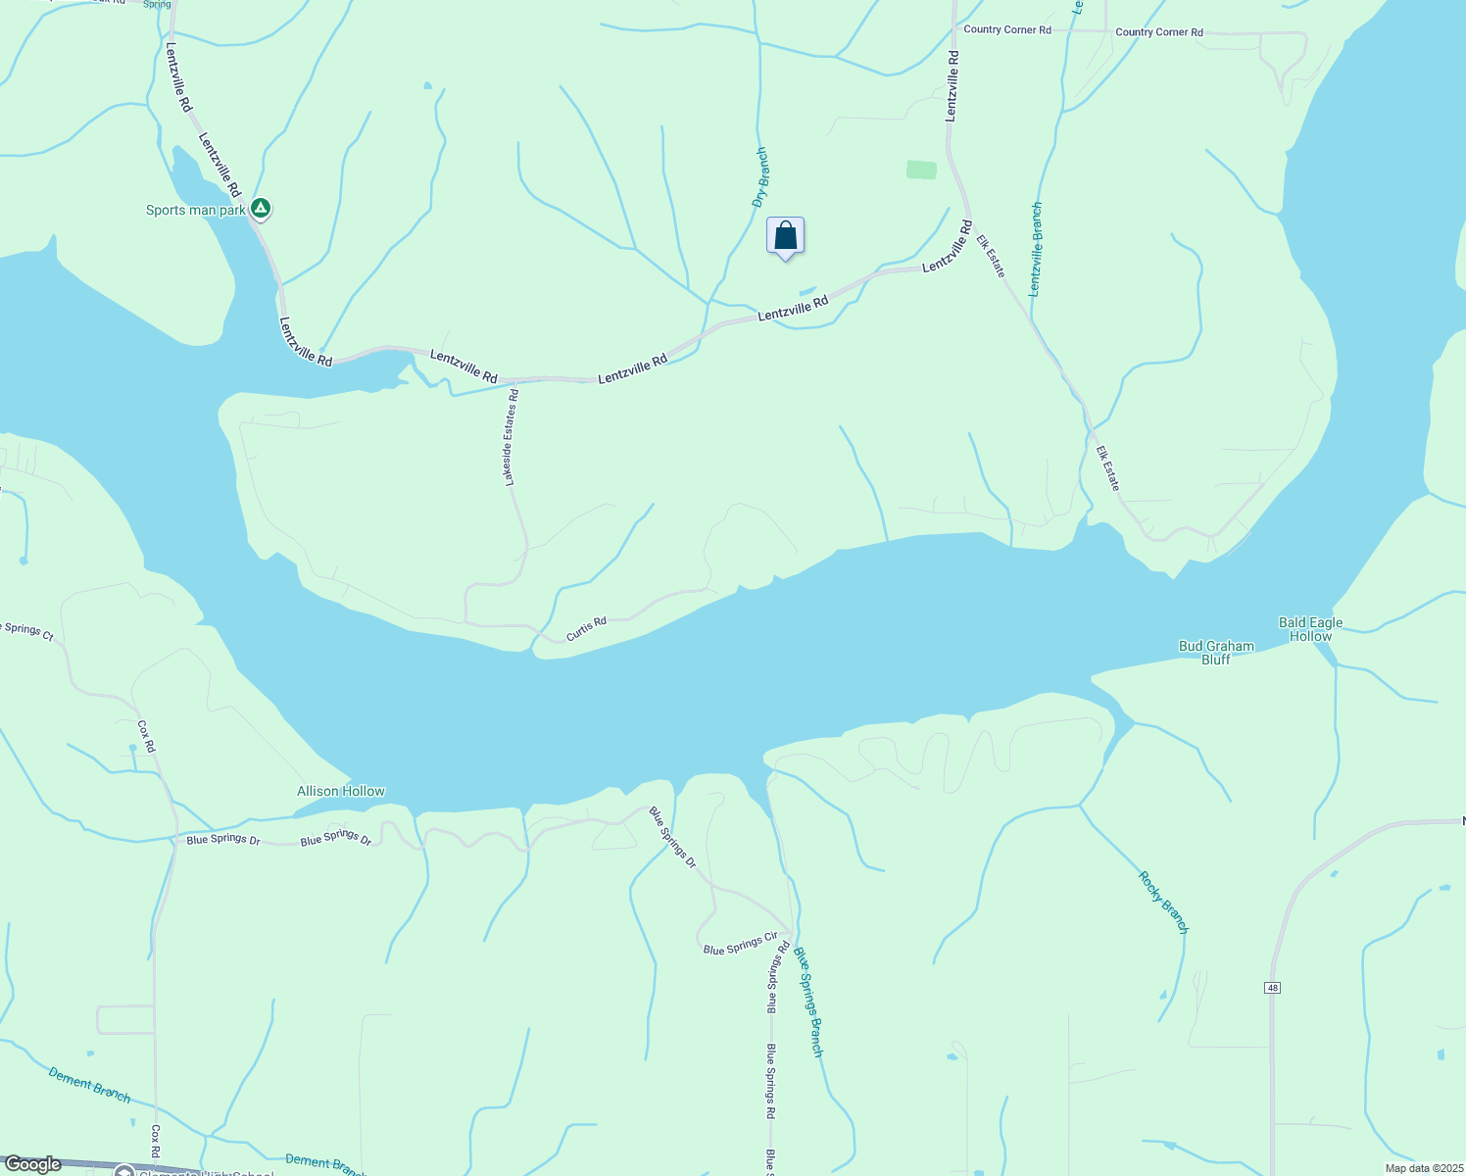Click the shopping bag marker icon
pyautogui.click(x=785, y=236)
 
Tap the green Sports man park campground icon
pyautogui.click(x=260, y=209)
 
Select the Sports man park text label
pyautogui.click(x=196, y=211)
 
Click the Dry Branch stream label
pyautogui.click(x=760, y=177)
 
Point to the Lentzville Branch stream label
pyautogui.click(x=1036, y=249)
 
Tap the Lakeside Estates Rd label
pyautogui.click(x=511, y=437)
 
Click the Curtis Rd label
pyautogui.click(x=586, y=628)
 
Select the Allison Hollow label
pyautogui.click(x=341, y=791)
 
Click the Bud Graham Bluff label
pyautogui.click(x=1216, y=653)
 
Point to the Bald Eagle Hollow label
pyautogui.click(x=1311, y=629)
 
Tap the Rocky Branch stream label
pyautogui.click(x=1163, y=902)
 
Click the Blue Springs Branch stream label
pyautogui.click(x=808, y=1002)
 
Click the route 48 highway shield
pyautogui.click(x=1273, y=987)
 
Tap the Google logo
pyautogui.click(x=33, y=1164)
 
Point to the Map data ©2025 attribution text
pyautogui.click(x=1423, y=1168)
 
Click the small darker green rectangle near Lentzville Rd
pyautogui.click(x=921, y=170)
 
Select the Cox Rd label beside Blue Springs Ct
pyautogui.click(x=146, y=736)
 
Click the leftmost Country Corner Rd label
pyautogui.click(x=1007, y=29)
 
